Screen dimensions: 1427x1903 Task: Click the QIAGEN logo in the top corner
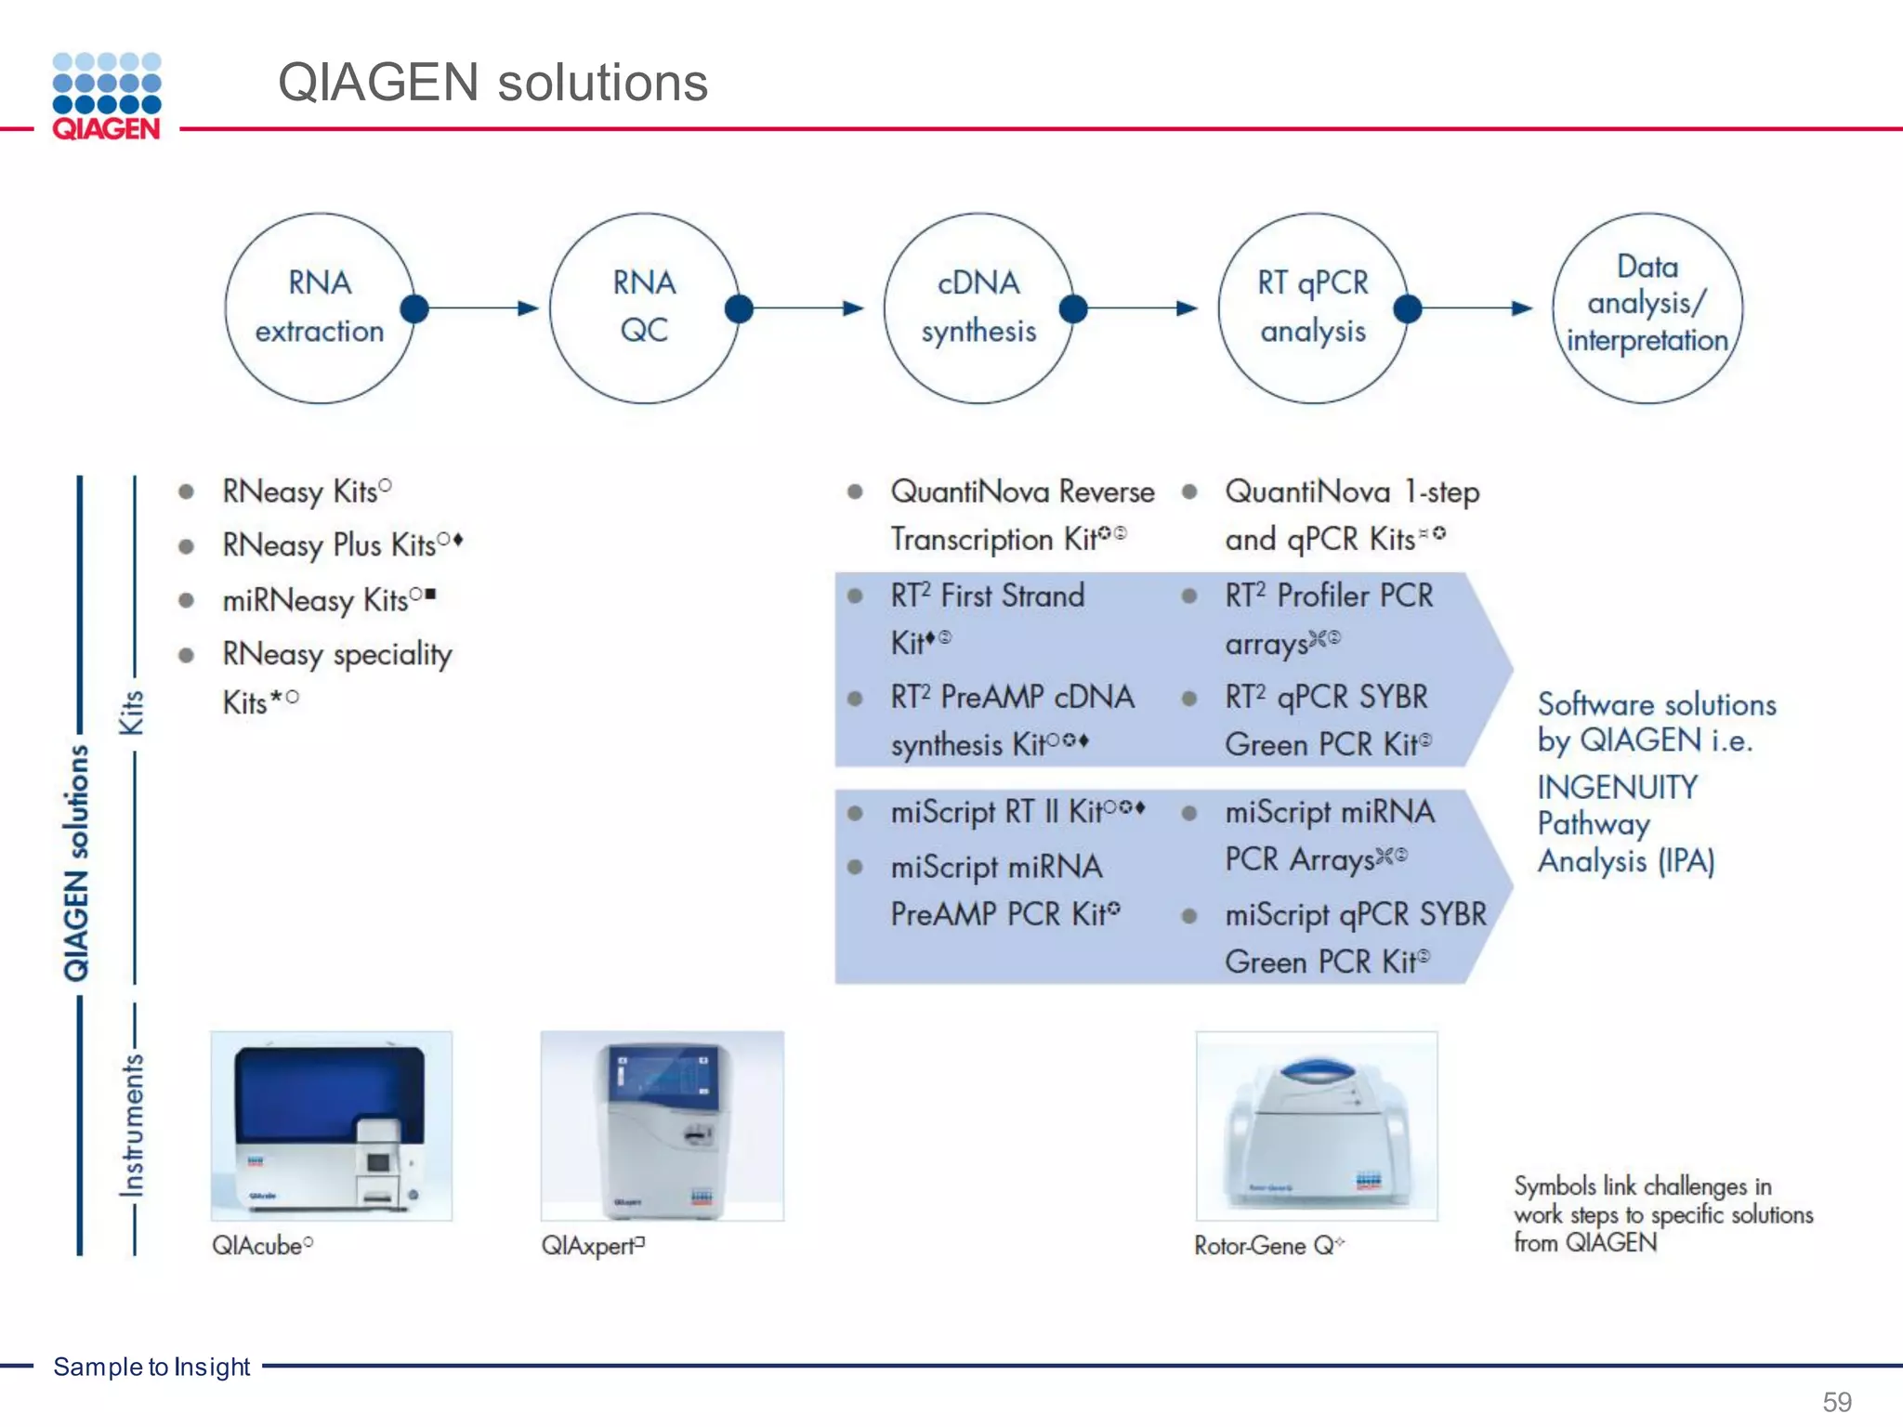click(107, 96)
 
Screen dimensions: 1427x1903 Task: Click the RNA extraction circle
click(319, 308)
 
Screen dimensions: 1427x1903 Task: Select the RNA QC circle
click(644, 308)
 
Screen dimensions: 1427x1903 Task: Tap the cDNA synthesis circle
click(978, 308)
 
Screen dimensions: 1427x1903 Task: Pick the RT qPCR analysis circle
click(1312, 308)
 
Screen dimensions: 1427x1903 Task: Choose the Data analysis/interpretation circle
click(1647, 308)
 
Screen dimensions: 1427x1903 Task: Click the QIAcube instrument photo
click(331, 1125)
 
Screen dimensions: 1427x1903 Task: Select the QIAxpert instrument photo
click(662, 1125)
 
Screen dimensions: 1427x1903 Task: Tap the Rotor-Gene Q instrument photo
click(1316, 1125)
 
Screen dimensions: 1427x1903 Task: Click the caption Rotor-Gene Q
click(1264, 1246)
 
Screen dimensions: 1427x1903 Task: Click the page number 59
click(1836, 1401)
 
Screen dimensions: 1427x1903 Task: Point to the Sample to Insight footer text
click(151, 1367)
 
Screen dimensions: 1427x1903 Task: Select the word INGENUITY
click(1617, 788)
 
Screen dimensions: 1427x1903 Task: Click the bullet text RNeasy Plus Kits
click(330, 545)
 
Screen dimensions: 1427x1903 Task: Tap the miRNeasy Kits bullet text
click(316, 600)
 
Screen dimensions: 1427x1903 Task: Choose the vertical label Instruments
click(132, 1124)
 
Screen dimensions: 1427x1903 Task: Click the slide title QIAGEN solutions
click(492, 83)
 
